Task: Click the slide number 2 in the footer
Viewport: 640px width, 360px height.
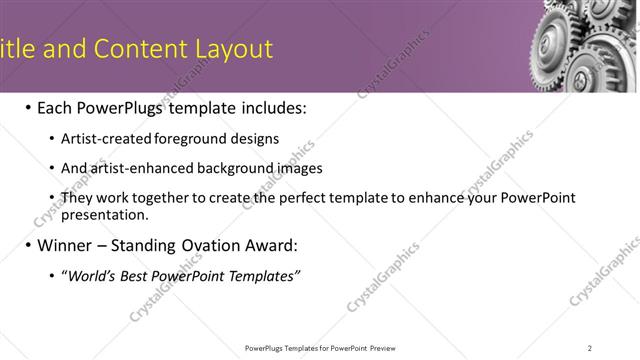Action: (589, 348)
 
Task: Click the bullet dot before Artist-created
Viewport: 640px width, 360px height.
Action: (51, 139)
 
